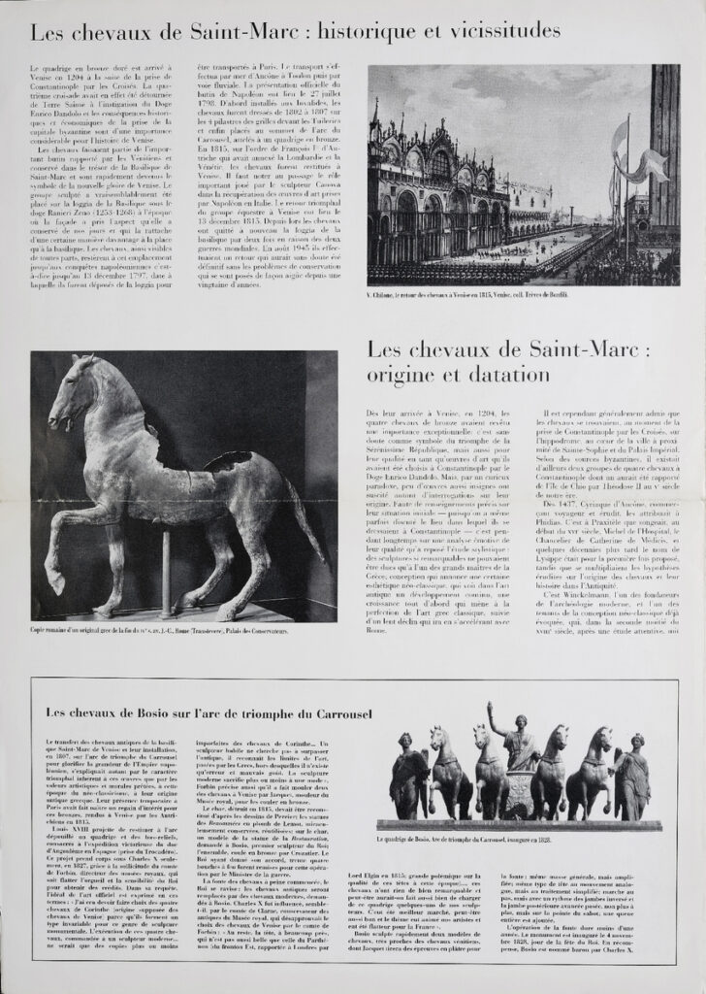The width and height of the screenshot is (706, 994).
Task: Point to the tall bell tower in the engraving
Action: (665, 146)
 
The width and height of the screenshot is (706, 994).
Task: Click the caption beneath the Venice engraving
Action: (469, 294)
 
